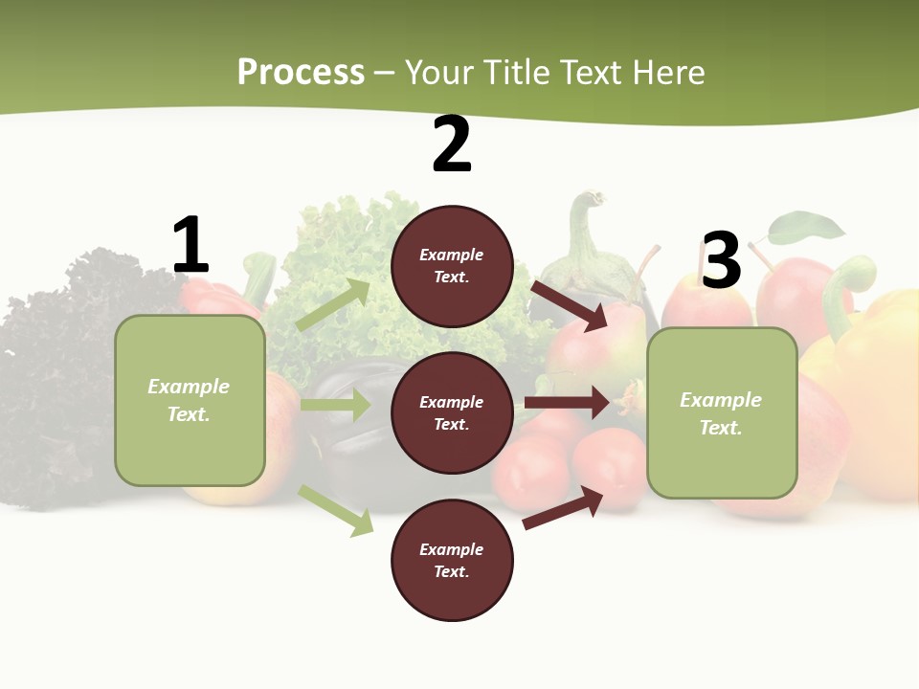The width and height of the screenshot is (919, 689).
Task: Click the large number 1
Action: pyautogui.click(x=191, y=245)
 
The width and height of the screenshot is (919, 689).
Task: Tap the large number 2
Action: pyautogui.click(x=452, y=144)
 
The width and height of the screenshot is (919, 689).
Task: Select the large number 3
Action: pyautogui.click(x=721, y=260)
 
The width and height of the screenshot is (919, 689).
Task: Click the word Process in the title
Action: pyautogui.click(x=301, y=72)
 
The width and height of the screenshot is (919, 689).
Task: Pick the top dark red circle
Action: pyautogui.click(x=452, y=266)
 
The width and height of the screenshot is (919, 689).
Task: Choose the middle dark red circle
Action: pyautogui.click(x=452, y=412)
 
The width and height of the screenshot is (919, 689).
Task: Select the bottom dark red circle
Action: pyautogui.click(x=452, y=560)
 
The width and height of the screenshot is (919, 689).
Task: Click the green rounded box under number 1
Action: pyautogui.click(x=190, y=400)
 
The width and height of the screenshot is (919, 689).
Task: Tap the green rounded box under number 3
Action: pyautogui.click(x=722, y=412)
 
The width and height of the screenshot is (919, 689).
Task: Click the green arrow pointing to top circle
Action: pyautogui.click(x=333, y=304)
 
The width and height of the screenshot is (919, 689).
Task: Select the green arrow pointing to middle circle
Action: pyautogui.click(x=335, y=405)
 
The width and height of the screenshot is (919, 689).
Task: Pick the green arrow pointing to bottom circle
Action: pyautogui.click(x=336, y=509)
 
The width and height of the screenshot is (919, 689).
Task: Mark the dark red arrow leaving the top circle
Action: pyautogui.click(x=570, y=304)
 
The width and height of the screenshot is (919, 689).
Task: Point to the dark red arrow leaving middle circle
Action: pyautogui.click(x=567, y=403)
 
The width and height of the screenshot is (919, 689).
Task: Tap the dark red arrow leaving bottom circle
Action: pyautogui.click(x=564, y=506)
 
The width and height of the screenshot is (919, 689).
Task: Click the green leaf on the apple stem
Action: pyautogui.click(x=807, y=228)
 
